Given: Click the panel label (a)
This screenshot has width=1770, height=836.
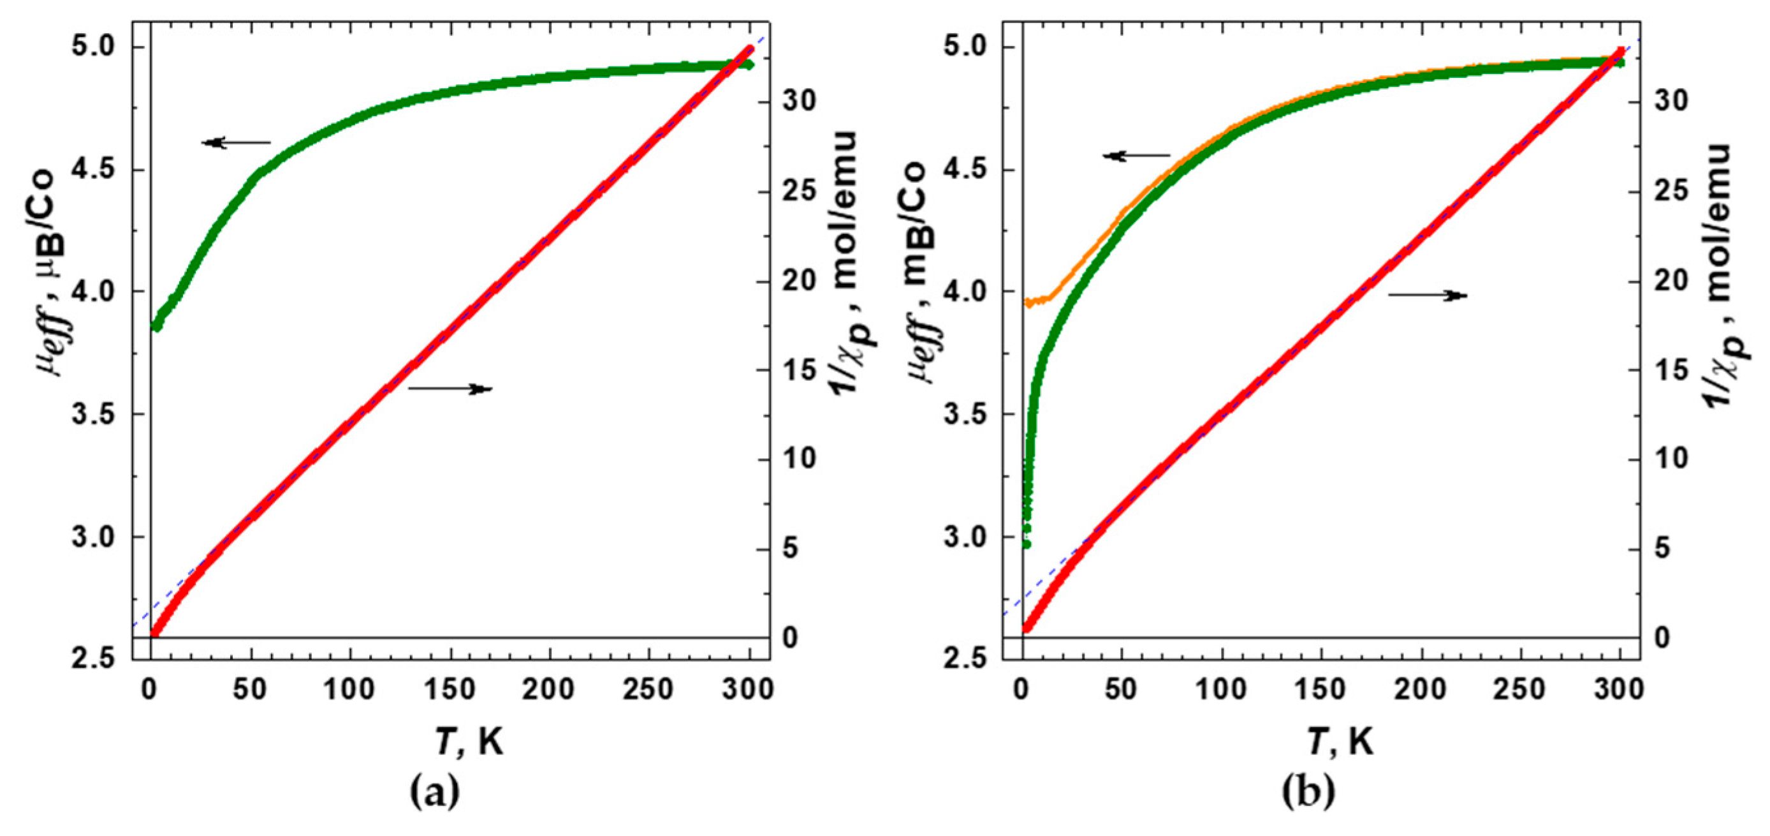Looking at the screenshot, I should click(434, 793).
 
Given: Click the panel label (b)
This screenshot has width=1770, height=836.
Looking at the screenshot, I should click(1308, 793).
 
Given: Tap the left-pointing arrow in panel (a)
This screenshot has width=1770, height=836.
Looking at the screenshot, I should click(237, 143).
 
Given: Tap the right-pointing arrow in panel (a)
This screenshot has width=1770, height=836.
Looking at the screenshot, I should click(451, 389).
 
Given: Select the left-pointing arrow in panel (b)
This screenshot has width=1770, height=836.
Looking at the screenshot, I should click(1136, 156).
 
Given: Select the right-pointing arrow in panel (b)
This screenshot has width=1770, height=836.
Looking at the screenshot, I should click(1428, 295).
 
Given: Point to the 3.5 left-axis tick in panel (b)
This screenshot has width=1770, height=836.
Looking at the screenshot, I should click(967, 415).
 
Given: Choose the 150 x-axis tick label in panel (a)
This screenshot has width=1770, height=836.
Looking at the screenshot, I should click(449, 690).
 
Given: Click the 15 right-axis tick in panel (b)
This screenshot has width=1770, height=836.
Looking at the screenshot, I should click(1671, 371).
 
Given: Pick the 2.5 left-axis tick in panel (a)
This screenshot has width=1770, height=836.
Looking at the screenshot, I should click(96, 659).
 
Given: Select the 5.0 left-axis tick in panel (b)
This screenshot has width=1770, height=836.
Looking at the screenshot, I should click(967, 47).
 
